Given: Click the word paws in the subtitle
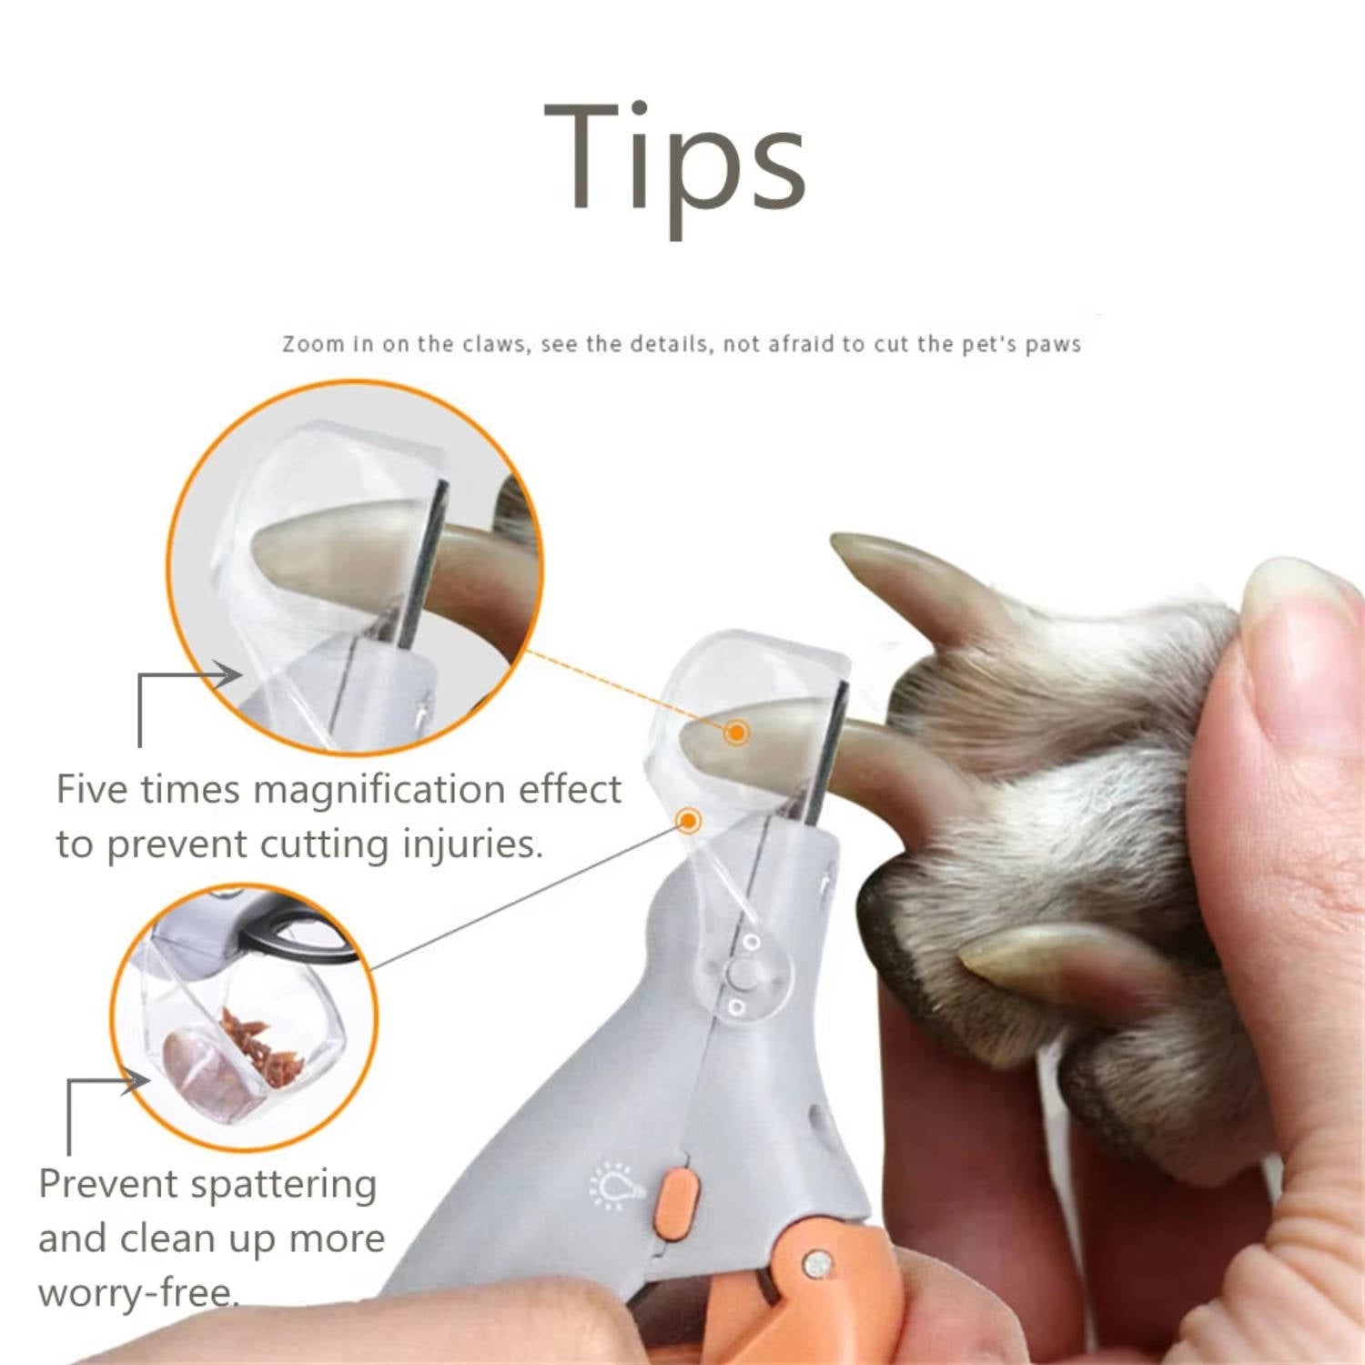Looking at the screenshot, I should (x=1053, y=345).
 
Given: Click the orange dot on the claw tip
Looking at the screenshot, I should (x=737, y=732).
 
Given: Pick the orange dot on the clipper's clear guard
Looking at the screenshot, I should (x=689, y=821).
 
